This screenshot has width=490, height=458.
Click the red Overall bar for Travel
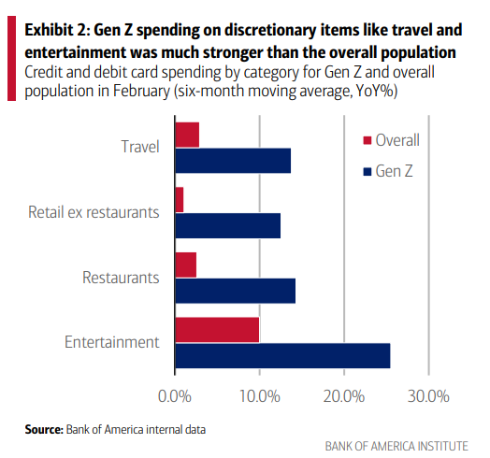187,135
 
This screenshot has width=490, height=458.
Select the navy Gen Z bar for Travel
233,161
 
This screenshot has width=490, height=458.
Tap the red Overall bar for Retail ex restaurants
180,199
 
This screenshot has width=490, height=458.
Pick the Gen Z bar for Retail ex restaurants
227,225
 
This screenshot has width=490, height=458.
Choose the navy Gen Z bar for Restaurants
235,291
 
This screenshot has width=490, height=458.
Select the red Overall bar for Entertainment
217,330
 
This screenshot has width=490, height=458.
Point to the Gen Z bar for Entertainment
282,355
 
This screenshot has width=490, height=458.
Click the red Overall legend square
367,141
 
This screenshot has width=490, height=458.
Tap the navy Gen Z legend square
367,172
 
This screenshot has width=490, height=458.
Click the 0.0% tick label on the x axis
175,396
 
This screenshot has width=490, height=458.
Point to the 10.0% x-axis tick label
259,396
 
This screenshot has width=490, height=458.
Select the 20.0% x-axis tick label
343,396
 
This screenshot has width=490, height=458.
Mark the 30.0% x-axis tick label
428,396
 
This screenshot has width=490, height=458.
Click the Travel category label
140,147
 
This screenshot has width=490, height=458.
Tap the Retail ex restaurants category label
94,212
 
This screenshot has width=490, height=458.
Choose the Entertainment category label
111,342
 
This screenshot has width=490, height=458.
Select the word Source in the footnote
43,429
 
